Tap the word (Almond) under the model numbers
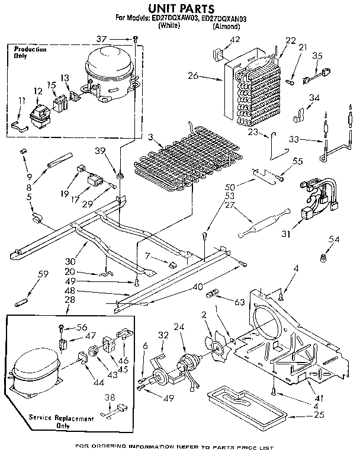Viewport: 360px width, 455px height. tap(227, 27)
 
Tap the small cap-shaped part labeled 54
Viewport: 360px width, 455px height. tap(324, 258)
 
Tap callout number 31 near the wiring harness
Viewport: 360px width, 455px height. tap(286, 235)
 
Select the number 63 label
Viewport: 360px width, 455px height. tap(239, 303)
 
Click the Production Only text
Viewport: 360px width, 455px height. tap(30, 53)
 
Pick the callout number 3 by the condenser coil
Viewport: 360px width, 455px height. tap(152, 138)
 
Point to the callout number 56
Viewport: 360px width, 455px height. tap(81, 326)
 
